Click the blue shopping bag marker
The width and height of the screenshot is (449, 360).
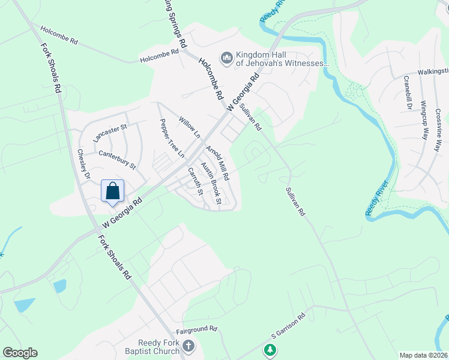click(x=112, y=191)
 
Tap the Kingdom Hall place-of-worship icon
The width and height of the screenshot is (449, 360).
click(x=227, y=58)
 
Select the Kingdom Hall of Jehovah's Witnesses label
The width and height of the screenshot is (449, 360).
click(x=282, y=58)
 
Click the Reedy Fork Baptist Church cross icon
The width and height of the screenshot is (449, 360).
click(x=188, y=346)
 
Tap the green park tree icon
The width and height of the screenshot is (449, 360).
click(x=271, y=349)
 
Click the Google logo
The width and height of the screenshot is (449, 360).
click(x=20, y=353)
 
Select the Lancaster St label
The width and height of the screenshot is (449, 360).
click(x=111, y=133)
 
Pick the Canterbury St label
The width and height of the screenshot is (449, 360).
click(x=117, y=158)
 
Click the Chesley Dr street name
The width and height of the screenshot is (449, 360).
click(x=83, y=165)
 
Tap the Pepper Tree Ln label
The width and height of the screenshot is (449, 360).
click(x=171, y=138)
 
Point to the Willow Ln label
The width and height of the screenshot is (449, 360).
click(x=188, y=127)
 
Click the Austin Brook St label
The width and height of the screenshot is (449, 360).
click(x=211, y=184)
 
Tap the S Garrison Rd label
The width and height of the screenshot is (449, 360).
click(x=288, y=325)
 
